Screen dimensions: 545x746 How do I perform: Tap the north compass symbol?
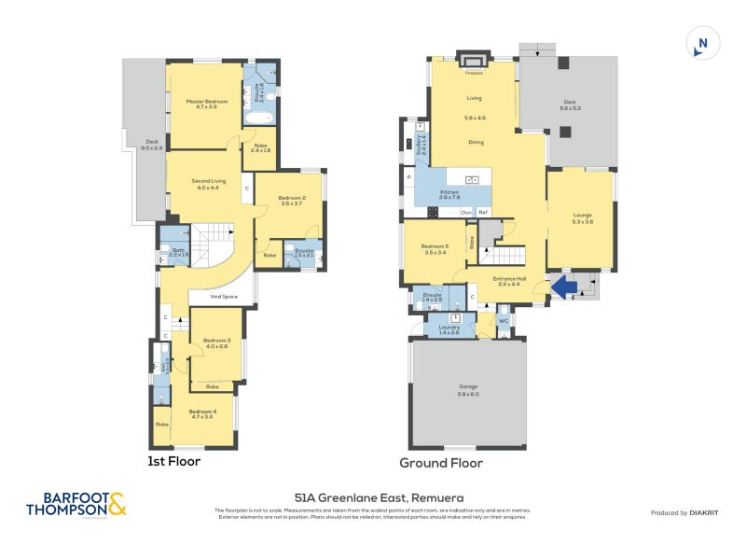[x=703, y=44]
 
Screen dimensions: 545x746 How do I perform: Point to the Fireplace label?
[x=475, y=72]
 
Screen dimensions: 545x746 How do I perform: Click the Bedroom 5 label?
[x=435, y=247]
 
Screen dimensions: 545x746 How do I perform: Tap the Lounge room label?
[x=583, y=217]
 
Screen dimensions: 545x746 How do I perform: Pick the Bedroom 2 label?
[x=292, y=200]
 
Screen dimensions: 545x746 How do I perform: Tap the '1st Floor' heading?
[x=174, y=461]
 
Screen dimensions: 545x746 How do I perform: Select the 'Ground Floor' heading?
[x=441, y=463]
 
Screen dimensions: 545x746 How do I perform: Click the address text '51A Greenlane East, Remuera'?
[x=379, y=498]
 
